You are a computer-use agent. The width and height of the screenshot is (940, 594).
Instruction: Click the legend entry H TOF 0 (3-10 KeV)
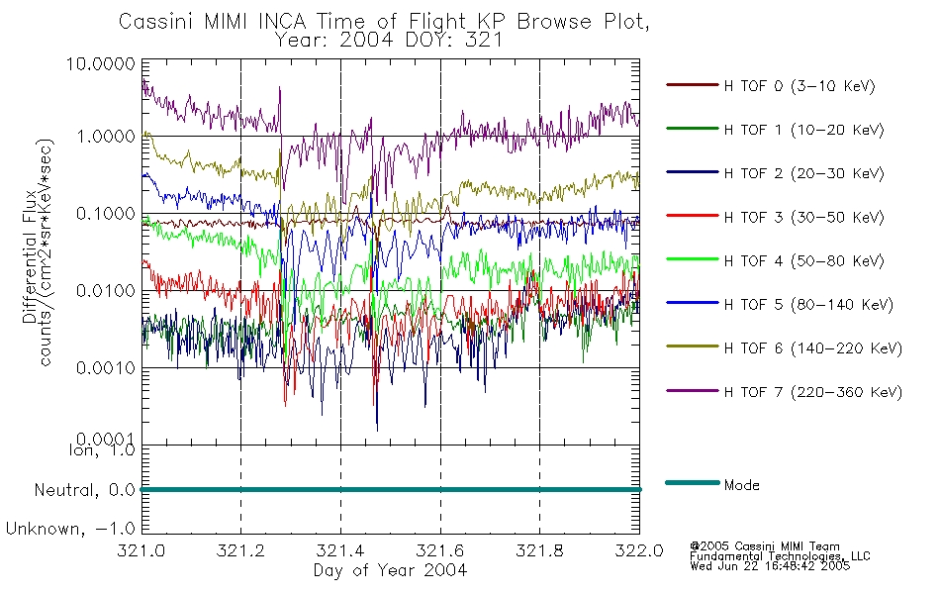(x=799, y=86)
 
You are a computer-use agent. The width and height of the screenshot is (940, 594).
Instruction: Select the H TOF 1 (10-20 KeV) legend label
(x=803, y=131)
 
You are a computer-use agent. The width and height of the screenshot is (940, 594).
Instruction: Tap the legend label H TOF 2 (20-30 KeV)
(x=803, y=174)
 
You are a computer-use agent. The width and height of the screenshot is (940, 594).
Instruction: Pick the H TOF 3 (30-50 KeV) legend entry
(x=803, y=218)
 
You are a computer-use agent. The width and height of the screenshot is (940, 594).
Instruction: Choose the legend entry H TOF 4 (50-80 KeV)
(x=803, y=261)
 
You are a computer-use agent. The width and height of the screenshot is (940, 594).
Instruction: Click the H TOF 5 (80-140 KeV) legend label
(x=808, y=305)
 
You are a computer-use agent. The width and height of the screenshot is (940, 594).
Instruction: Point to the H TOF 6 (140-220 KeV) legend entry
(x=813, y=349)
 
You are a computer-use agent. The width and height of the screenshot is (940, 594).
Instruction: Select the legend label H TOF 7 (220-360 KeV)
(x=813, y=393)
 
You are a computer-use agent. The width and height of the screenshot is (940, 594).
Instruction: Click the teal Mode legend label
(x=741, y=485)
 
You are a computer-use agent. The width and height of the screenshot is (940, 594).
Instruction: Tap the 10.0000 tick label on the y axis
(x=100, y=64)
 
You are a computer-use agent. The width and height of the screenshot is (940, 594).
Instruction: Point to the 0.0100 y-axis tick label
(x=106, y=291)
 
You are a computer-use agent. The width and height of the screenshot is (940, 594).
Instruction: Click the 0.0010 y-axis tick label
(x=106, y=368)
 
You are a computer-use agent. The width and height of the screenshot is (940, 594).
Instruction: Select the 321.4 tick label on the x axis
(x=340, y=550)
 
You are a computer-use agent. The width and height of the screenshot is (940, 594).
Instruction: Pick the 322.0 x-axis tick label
(x=639, y=550)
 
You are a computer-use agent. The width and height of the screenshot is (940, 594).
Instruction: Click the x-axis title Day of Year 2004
(x=390, y=570)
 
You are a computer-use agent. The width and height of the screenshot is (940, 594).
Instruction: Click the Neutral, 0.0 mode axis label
(x=84, y=491)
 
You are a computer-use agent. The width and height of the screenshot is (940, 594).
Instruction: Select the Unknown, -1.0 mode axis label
(x=70, y=530)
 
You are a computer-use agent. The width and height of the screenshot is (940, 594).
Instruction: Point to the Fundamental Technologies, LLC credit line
(x=780, y=556)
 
